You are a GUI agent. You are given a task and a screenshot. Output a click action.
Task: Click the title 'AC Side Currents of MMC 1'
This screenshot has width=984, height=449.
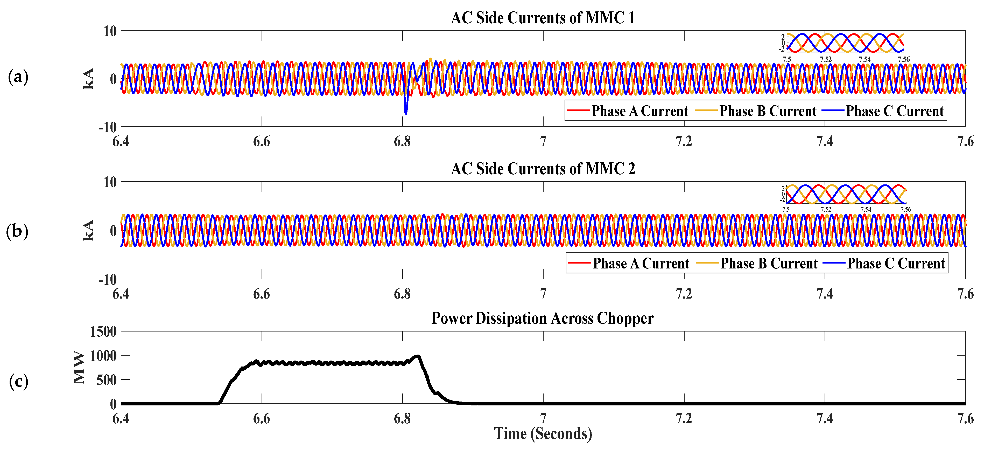point(543,18)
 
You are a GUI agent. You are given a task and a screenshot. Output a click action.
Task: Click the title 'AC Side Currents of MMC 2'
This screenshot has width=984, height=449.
point(543,169)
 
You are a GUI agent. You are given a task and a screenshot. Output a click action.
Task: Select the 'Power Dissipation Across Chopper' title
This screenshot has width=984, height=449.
point(543,318)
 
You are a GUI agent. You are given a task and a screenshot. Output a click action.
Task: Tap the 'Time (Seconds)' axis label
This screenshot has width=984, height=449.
point(543,434)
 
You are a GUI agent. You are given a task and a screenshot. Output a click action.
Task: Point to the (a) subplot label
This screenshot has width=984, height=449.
point(18,77)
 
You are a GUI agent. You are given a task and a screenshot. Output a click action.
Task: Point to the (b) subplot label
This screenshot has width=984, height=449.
point(17,231)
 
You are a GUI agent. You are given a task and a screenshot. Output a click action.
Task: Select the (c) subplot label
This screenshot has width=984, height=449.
point(18,381)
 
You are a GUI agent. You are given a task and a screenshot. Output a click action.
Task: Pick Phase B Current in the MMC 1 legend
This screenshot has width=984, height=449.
point(767,111)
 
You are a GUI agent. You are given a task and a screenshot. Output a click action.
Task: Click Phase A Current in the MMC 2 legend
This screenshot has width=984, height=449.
point(641,264)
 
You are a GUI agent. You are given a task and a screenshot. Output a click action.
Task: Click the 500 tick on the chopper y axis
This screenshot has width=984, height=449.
point(107,380)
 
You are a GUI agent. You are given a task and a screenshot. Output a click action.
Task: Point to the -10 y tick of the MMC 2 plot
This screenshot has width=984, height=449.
point(108,280)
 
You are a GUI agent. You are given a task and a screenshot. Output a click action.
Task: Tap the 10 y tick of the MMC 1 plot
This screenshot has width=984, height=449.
point(110,31)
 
